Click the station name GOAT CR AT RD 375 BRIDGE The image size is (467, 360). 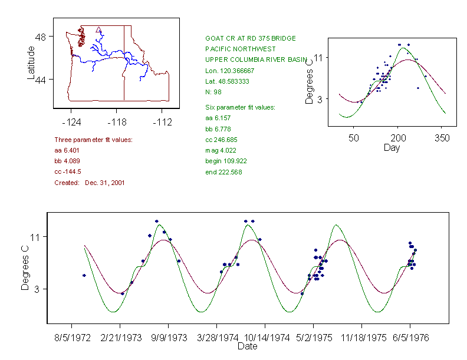(250, 38)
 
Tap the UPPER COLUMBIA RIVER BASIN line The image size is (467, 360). (256, 60)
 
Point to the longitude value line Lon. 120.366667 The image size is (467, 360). (229, 70)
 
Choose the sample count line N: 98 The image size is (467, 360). (213, 92)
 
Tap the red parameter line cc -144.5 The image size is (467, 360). (67, 171)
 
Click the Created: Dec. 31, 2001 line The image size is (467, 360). (89, 183)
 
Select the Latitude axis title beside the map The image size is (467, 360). (31, 62)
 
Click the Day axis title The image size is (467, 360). (391, 148)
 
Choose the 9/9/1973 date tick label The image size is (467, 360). (169, 338)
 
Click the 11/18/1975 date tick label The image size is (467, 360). (361, 338)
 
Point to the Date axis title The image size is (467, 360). (247, 346)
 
